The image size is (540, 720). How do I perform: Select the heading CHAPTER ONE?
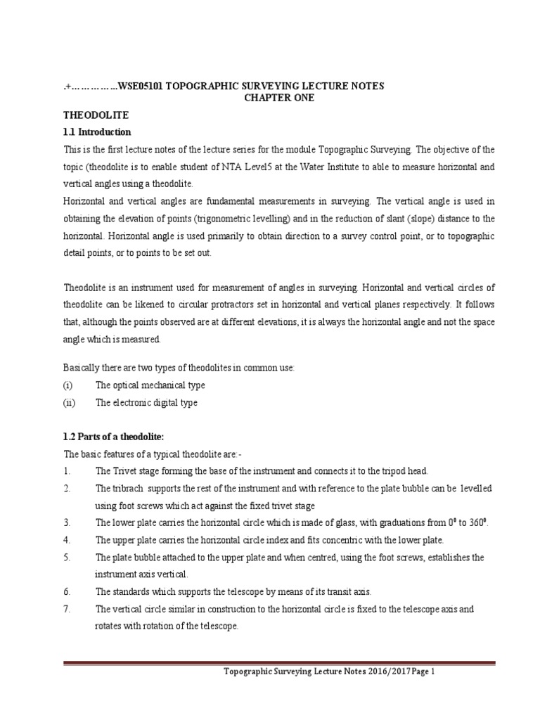(279, 98)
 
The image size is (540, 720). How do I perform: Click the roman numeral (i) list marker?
(68, 385)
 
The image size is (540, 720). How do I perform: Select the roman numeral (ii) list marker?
(69, 403)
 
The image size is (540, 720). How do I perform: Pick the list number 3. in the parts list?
(67, 523)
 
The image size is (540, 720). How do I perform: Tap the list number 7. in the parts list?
(67, 609)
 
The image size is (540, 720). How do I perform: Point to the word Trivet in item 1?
(126, 471)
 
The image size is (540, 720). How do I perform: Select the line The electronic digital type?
(146, 403)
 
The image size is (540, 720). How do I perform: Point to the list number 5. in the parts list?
(67, 558)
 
